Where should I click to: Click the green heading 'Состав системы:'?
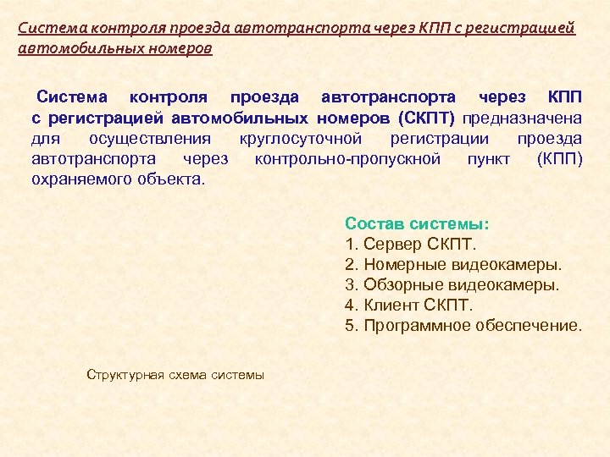tap(416, 224)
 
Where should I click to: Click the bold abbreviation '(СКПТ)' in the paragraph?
tap(426, 117)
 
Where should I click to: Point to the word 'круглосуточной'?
tap(301, 138)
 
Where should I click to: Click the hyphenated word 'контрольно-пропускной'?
tap(347, 158)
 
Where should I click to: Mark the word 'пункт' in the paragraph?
tap(488, 158)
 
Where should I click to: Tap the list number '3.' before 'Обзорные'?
tap(352, 285)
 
